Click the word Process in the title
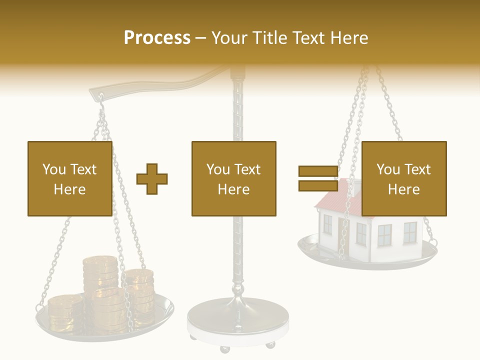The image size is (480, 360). pyautogui.click(x=157, y=38)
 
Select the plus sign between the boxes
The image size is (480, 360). pyautogui.click(x=152, y=179)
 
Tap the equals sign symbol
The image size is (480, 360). pyautogui.click(x=318, y=178)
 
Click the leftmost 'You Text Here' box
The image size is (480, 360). pyautogui.click(x=70, y=178)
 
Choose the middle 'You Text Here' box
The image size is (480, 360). pyautogui.click(x=233, y=178)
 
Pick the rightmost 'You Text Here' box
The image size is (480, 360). pyautogui.click(x=403, y=178)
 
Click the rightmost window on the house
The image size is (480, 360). pyautogui.click(x=410, y=232)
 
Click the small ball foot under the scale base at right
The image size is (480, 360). pyautogui.click(x=270, y=344)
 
